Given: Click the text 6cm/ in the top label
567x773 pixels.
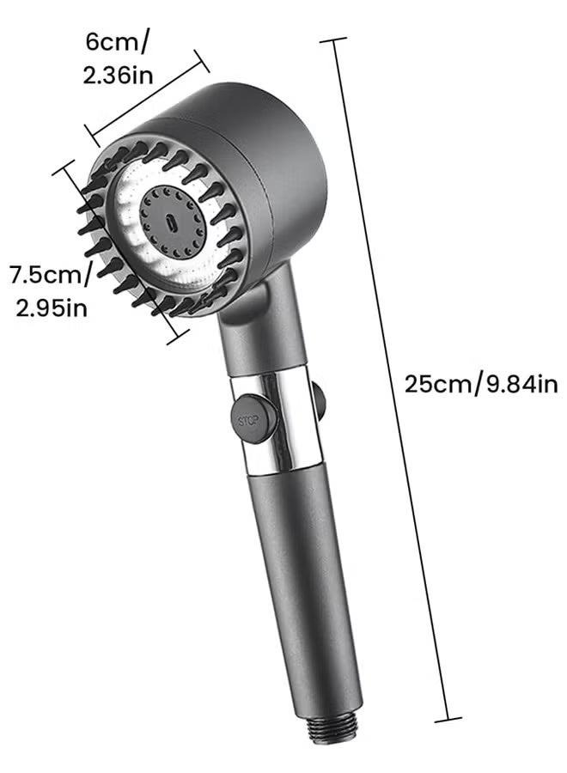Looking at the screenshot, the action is click(116, 41).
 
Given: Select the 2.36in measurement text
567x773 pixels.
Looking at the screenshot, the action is click(118, 75).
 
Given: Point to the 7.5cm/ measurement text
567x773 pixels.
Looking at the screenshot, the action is click(51, 274).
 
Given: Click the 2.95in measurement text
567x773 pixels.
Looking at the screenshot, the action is click(52, 307).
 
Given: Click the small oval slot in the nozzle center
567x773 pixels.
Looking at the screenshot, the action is click(171, 222).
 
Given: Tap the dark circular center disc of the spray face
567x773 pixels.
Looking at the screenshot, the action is click(171, 222).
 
